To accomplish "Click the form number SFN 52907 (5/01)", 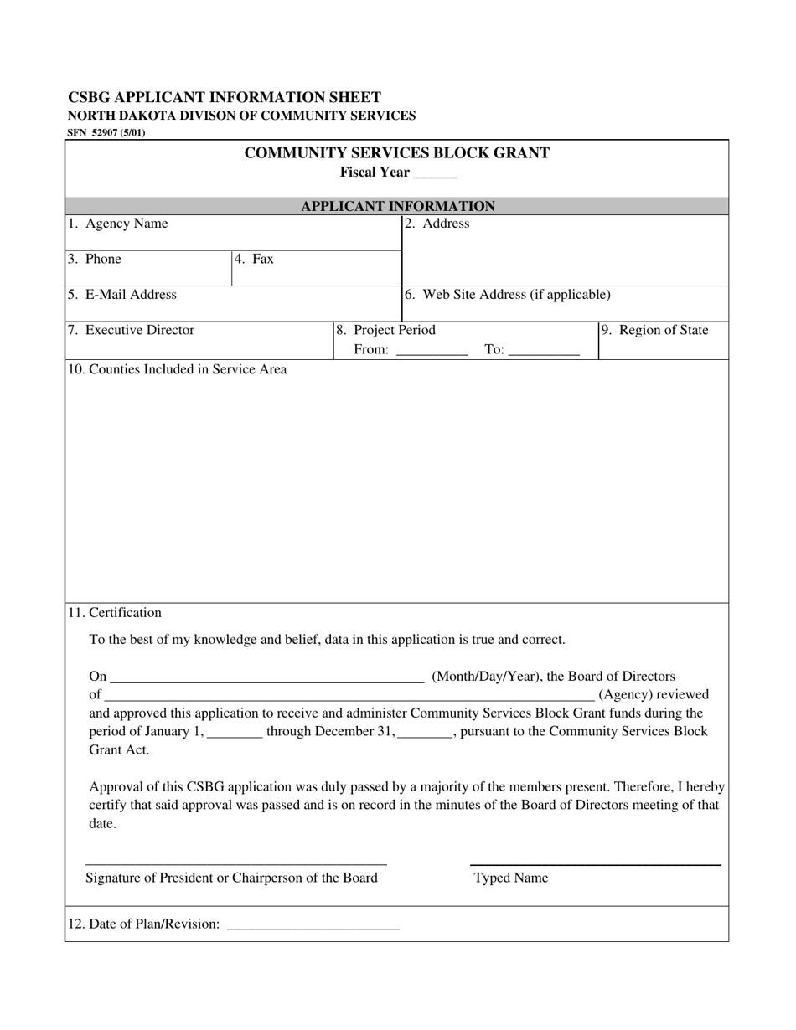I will [x=106, y=132].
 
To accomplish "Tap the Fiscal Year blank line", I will [x=435, y=176].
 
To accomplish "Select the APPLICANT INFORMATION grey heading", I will [x=397, y=206].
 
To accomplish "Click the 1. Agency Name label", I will [x=117, y=224].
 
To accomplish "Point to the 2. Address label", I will [x=437, y=224].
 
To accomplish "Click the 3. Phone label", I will [x=95, y=259].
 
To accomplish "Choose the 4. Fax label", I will [x=254, y=259].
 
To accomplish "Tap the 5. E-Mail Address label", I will [x=122, y=294].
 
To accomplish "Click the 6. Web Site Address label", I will [x=507, y=294].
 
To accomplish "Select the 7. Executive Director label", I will [x=131, y=330].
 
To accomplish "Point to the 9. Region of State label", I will [x=655, y=330].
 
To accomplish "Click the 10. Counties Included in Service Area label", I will [x=178, y=368].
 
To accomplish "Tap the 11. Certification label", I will [x=115, y=612].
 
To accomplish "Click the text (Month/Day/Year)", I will [x=485, y=676].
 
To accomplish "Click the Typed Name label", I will [x=511, y=878].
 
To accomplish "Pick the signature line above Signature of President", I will [x=235, y=863].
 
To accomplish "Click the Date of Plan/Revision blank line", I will [x=313, y=928].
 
